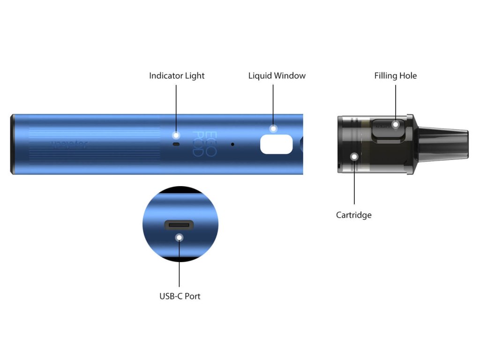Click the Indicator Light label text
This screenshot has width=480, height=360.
(x=177, y=75)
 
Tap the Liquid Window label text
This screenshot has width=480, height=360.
(x=277, y=75)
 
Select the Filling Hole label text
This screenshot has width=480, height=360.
(x=395, y=75)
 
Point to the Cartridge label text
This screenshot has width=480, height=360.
(x=353, y=215)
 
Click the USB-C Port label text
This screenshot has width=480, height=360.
(x=180, y=296)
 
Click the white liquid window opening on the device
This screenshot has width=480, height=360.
(x=276, y=144)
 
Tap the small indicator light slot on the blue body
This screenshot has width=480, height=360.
(x=176, y=144)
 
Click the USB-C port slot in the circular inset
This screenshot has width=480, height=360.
(x=179, y=225)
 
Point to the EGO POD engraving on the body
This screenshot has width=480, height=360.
(x=204, y=144)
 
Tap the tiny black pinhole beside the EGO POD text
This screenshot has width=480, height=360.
(x=232, y=144)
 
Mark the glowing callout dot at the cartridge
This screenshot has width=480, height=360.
(x=354, y=157)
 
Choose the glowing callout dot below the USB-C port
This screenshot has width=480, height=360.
(x=179, y=238)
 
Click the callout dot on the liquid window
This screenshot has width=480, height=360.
(x=273, y=128)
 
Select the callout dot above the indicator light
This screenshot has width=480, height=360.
(x=176, y=135)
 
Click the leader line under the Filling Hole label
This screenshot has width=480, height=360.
(x=396, y=101)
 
